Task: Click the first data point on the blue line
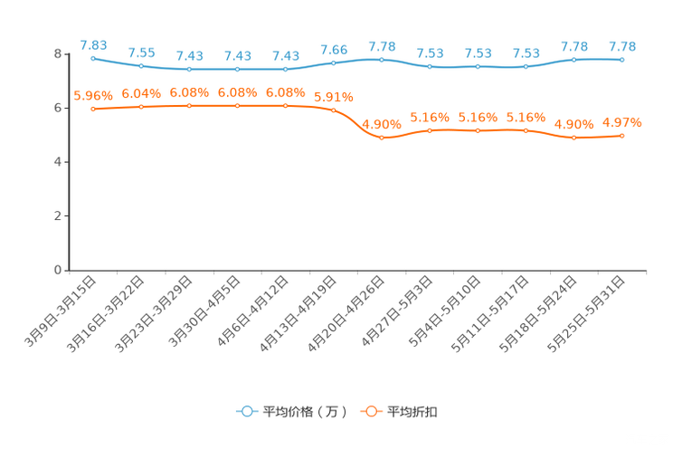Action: pos(93,59)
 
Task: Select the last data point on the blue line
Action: pos(621,60)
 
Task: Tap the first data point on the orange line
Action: pos(93,109)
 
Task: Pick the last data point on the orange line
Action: pos(621,136)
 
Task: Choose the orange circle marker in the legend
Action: pos(370,411)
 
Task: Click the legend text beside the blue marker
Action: pos(305,412)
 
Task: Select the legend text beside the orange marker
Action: pos(412,412)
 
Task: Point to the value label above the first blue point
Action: pos(93,44)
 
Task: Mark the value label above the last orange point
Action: pos(623,123)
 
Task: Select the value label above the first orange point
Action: pos(92,95)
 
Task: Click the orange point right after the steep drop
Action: pos(382,138)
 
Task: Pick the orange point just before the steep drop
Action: pos(334,110)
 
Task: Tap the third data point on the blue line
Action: pos(189,69)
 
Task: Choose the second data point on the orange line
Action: pos(141,107)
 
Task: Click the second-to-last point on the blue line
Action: pos(573,60)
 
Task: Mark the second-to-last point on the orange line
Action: pos(573,138)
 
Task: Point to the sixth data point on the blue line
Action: pos(334,62)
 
